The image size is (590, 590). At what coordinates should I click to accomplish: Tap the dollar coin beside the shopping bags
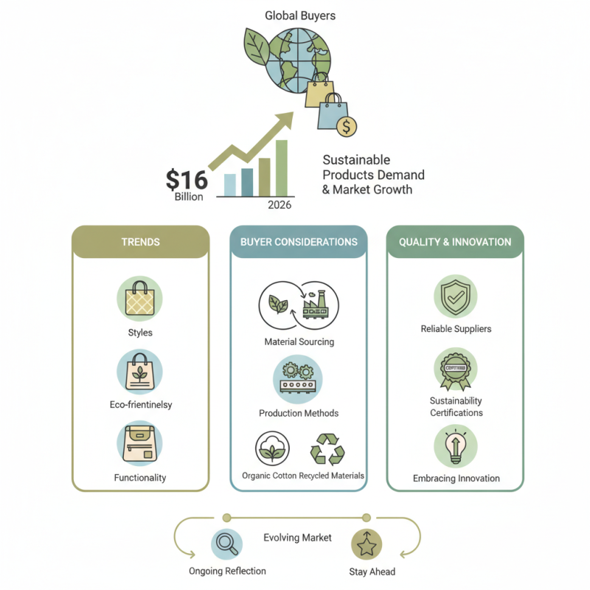tap(346, 125)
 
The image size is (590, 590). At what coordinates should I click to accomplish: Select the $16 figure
tap(187, 179)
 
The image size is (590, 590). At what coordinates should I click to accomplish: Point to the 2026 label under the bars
tap(280, 205)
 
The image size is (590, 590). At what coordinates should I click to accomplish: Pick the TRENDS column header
tap(140, 242)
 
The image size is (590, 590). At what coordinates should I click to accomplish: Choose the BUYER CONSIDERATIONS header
tap(299, 242)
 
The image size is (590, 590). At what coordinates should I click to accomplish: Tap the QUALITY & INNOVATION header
tap(455, 242)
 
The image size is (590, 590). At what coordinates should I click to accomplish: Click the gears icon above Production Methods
tap(298, 378)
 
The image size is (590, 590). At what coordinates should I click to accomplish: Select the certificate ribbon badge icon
tap(455, 369)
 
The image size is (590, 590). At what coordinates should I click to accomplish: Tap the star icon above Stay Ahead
tap(367, 544)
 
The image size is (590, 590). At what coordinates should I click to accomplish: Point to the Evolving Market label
tap(297, 538)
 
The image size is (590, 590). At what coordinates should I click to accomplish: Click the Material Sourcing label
tap(299, 341)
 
